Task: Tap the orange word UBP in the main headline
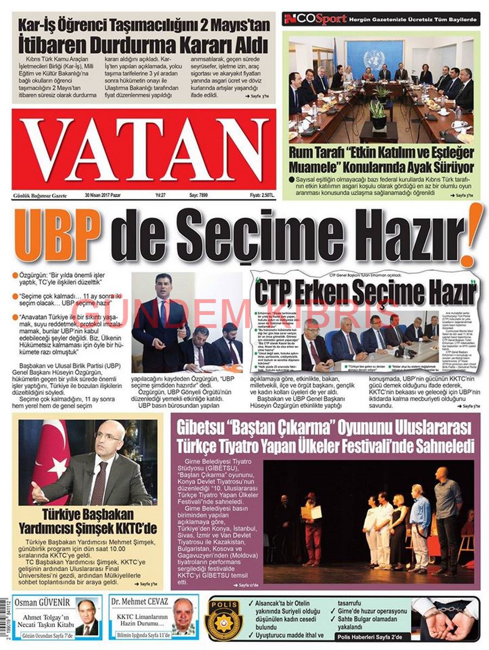tap(59, 235)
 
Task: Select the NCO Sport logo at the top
tap(315, 20)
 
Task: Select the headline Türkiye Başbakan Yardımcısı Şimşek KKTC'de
tap(90, 520)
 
